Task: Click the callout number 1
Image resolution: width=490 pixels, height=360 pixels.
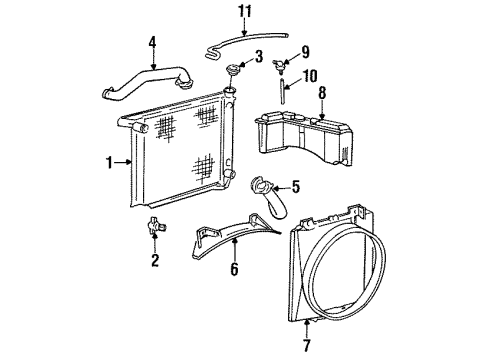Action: [x=109, y=163]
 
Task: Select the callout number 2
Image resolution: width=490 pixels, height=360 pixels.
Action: [x=155, y=260]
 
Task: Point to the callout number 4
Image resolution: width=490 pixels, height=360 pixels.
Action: [x=152, y=43]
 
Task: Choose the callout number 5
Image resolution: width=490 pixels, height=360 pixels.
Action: [x=296, y=187]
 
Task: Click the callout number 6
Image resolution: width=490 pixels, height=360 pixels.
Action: [x=235, y=269]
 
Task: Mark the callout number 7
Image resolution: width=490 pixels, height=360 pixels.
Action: [x=307, y=345]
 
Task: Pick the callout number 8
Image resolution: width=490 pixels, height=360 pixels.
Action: [x=322, y=93]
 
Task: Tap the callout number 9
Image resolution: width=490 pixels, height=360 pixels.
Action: [x=305, y=52]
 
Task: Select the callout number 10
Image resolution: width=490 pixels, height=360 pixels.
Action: [x=309, y=76]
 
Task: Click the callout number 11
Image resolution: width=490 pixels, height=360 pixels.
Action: [x=245, y=12]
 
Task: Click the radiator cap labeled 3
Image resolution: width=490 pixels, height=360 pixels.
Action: [x=231, y=70]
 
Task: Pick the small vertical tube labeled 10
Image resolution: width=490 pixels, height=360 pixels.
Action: [x=282, y=91]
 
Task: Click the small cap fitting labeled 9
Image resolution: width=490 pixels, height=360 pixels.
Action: [x=279, y=65]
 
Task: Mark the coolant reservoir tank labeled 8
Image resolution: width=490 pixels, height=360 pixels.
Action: [x=303, y=138]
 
